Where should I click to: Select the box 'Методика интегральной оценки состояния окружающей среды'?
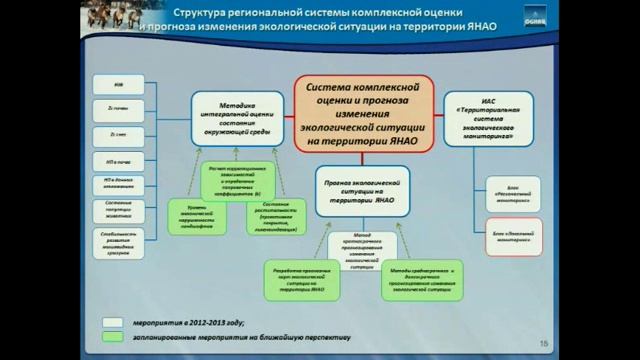point(237,118)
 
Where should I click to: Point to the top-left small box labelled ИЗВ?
point(120,85)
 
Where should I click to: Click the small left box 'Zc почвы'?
point(120,109)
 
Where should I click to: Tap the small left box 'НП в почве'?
point(120,158)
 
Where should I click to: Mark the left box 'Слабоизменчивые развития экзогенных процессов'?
point(120,244)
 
